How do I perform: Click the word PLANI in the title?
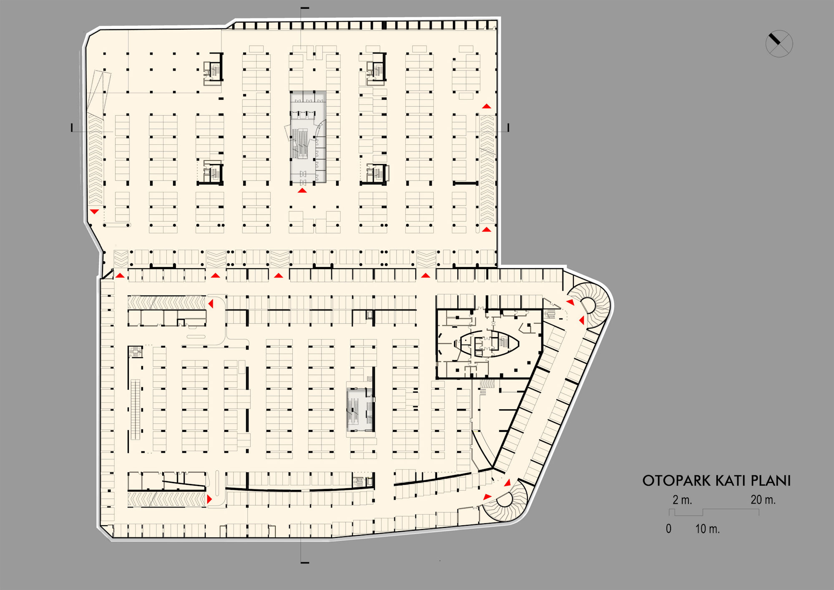click(x=771, y=481)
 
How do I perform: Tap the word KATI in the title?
click(x=728, y=481)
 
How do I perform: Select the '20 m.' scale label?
click(x=763, y=499)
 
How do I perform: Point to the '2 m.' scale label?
click(x=682, y=499)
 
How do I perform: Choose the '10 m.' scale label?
click(x=707, y=529)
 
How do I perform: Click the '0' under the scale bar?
click(x=668, y=529)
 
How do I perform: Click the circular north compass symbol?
click(x=779, y=43)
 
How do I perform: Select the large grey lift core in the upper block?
click(x=308, y=137)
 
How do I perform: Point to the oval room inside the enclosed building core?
click(x=489, y=343)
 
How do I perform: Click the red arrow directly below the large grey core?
click(x=302, y=191)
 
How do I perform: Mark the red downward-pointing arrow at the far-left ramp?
click(x=95, y=212)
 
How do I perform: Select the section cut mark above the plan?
click(x=305, y=8)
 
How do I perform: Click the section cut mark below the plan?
click(x=305, y=562)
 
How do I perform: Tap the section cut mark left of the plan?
click(x=72, y=128)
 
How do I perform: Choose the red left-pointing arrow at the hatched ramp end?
click(x=211, y=303)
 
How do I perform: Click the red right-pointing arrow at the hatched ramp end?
click(x=209, y=499)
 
